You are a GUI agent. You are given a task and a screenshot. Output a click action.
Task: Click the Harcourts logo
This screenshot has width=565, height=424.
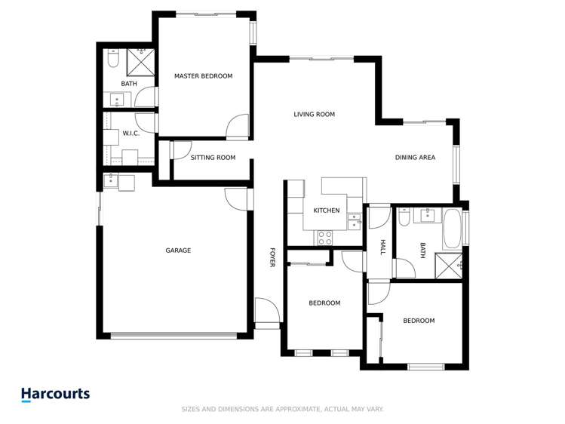point(55,394)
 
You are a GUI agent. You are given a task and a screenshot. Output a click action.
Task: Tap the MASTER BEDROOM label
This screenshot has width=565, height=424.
point(203,76)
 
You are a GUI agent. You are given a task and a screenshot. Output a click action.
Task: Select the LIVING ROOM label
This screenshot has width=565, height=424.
point(314,115)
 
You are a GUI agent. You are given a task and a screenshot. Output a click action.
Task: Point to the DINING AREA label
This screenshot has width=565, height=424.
point(416,158)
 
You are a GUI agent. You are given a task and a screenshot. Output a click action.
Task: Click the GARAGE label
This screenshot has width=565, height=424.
point(178,250)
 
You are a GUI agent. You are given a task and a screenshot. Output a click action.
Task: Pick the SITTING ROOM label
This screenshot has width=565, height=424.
point(213,158)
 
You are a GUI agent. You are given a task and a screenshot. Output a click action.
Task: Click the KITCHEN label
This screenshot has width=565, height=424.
point(327,210)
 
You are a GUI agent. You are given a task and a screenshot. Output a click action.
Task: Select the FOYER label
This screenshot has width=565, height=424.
point(272,257)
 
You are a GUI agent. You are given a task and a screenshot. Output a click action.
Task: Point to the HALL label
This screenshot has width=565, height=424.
point(382,247)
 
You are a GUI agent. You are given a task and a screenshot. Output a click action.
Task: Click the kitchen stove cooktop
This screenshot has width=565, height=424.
point(324,238)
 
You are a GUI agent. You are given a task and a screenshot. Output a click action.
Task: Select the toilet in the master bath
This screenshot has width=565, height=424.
point(112,58)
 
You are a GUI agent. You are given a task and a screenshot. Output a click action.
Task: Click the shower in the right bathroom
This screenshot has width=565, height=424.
point(450,264)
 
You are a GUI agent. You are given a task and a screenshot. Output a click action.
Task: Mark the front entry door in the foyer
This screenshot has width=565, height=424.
point(266,312)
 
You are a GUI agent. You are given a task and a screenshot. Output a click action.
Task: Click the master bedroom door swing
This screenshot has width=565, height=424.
point(238,125)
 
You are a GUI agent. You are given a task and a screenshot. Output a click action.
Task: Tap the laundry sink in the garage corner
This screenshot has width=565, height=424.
point(111,180)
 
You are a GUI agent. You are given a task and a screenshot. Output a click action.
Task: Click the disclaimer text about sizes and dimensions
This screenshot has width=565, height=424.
point(283,409)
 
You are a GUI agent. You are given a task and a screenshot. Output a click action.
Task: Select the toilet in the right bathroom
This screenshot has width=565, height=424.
point(404,217)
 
